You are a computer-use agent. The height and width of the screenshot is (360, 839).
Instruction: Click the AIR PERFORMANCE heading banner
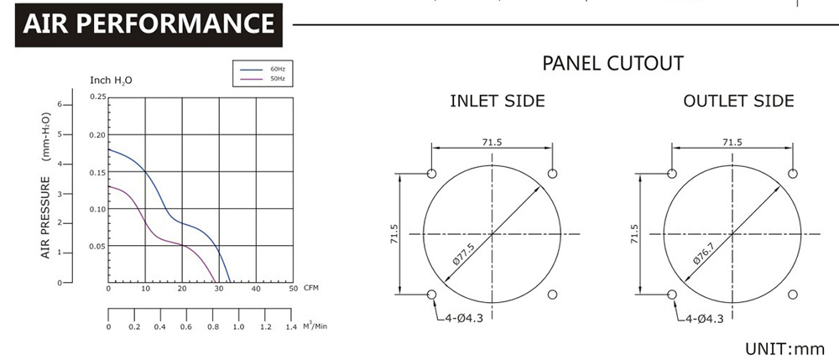coord(149,24)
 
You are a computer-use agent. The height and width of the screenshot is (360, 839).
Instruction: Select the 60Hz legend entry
coord(263,69)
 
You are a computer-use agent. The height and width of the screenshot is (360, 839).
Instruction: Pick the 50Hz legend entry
coord(263,79)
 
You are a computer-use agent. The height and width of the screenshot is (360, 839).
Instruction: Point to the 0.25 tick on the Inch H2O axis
coord(98,97)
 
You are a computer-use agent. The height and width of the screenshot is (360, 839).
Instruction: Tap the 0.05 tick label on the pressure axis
coord(98,246)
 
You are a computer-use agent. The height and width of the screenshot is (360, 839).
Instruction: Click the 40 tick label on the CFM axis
coord(256,289)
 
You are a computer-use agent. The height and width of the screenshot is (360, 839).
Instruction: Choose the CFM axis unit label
coord(311,289)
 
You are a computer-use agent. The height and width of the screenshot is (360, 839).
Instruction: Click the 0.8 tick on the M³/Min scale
coord(212,326)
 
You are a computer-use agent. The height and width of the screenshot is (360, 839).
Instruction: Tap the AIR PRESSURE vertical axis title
coord(45,217)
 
